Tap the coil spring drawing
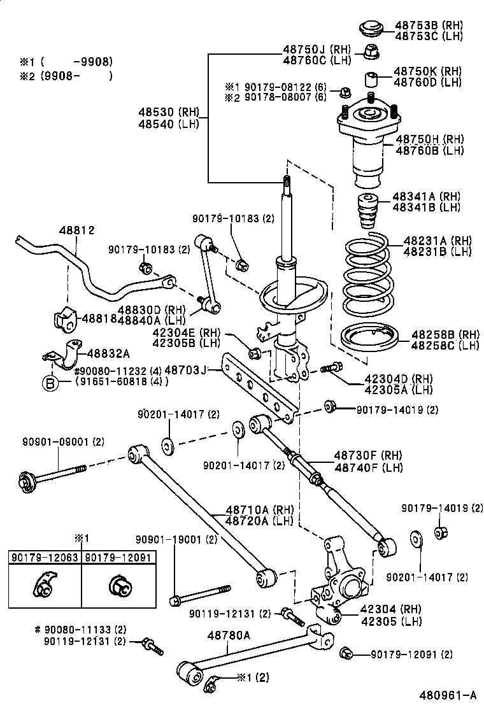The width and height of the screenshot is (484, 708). [x=369, y=274]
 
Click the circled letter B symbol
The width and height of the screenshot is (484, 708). [x=50, y=382]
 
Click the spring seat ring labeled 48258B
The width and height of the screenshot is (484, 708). [x=370, y=336]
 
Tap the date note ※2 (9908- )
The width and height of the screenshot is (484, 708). [x=66, y=76]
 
